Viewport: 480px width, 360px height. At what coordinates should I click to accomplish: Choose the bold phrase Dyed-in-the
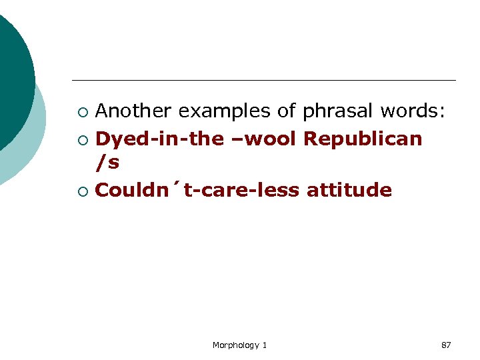point(159,139)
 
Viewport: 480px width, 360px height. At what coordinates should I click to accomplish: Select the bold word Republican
point(363,139)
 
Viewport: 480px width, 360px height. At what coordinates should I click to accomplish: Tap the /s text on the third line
point(107,162)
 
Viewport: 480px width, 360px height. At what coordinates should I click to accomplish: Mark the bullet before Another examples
point(81,111)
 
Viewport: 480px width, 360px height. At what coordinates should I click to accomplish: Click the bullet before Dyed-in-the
point(81,139)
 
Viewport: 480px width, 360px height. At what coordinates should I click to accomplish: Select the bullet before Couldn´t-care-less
point(81,191)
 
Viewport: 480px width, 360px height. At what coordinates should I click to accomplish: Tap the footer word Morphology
point(236,345)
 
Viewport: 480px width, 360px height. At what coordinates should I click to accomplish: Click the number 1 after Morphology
point(265,345)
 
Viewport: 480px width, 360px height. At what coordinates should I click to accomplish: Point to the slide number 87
point(446,345)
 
